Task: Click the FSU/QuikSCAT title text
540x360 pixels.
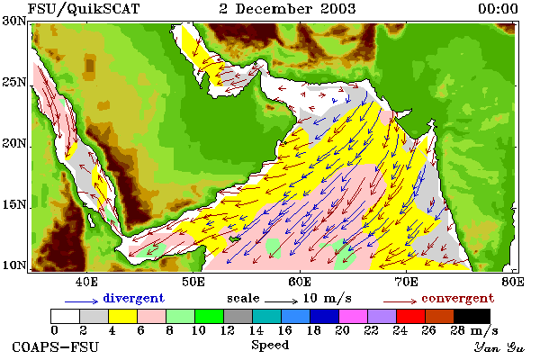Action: (x=84, y=9)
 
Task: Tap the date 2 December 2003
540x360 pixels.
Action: (x=287, y=9)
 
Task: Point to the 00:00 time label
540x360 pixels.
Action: (x=498, y=9)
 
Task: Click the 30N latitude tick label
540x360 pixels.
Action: (x=14, y=21)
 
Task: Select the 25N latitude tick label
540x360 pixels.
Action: (x=14, y=82)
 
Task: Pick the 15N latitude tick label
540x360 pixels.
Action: (x=14, y=205)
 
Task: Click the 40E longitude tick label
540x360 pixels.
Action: (x=86, y=282)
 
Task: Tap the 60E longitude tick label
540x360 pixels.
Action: (x=300, y=282)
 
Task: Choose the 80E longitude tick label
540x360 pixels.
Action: (x=513, y=282)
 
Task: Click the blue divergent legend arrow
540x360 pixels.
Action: (x=82, y=301)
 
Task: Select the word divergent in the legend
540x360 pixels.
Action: (x=133, y=299)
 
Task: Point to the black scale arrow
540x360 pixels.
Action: (x=282, y=301)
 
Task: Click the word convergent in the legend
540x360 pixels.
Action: (x=458, y=299)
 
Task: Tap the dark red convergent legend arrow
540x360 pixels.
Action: (x=400, y=301)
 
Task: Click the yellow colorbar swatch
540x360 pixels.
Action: (x=122, y=316)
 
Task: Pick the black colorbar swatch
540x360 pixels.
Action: (x=472, y=316)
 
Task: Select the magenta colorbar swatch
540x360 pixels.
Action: (x=353, y=316)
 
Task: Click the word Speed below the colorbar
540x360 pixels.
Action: (x=270, y=346)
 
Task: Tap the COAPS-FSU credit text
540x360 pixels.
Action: (x=56, y=346)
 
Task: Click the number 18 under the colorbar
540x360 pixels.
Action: (x=313, y=330)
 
